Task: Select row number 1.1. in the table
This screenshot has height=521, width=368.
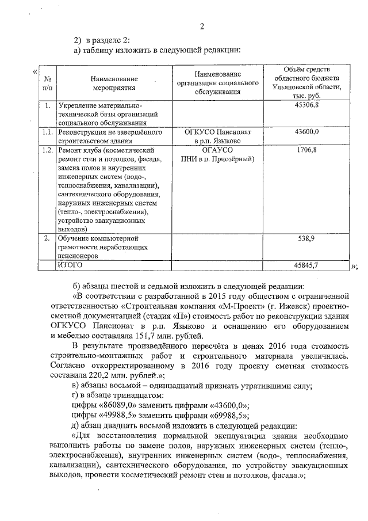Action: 48,132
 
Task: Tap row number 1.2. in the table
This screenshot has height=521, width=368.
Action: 48,150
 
